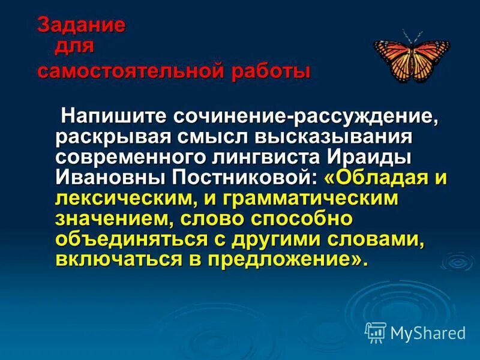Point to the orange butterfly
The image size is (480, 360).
tap(410, 57)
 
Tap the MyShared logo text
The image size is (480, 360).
tap(427, 332)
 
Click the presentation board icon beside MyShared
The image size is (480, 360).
tap(375, 332)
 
